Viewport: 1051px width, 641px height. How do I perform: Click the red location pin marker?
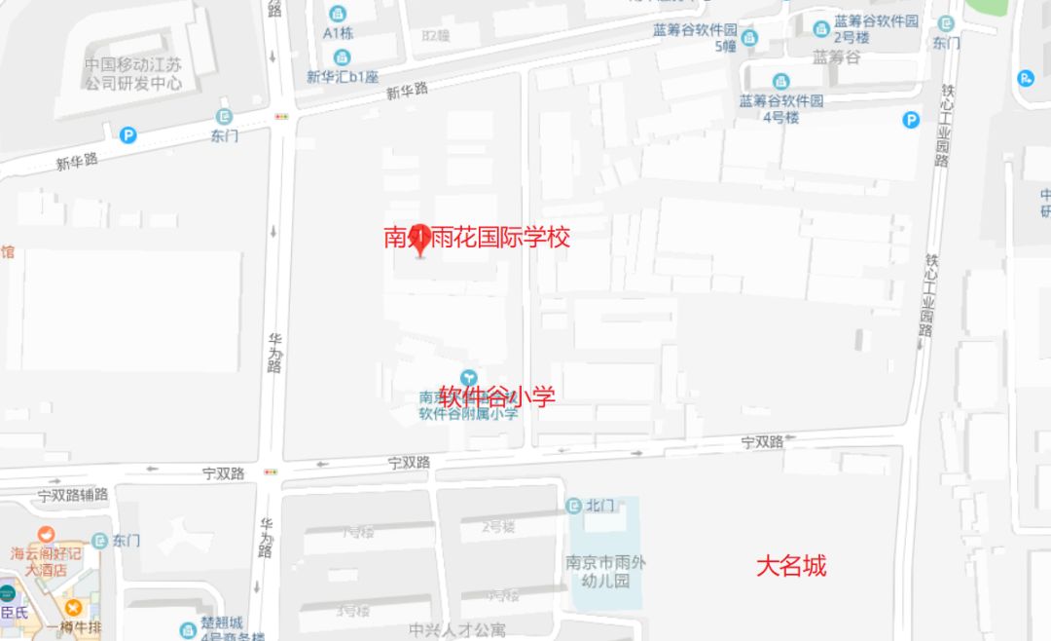[420, 243]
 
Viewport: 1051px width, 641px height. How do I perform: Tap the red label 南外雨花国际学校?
[477, 237]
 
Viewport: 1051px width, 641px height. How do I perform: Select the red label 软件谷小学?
[497, 396]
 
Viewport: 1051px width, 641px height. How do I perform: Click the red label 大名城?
[791, 566]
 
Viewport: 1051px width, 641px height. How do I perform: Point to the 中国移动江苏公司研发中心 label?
[132, 74]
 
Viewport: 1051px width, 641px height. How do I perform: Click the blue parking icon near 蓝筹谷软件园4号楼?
[910, 120]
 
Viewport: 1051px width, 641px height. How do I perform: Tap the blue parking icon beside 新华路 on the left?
[127, 135]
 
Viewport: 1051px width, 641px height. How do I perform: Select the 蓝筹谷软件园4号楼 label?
[781, 108]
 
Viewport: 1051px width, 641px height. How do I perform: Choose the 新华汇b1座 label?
[343, 76]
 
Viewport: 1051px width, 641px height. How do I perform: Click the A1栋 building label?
[338, 31]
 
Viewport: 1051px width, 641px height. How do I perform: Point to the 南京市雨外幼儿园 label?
[605, 572]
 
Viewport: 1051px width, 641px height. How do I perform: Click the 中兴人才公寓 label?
[457, 629]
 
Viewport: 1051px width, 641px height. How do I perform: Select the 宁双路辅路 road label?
[73, 494]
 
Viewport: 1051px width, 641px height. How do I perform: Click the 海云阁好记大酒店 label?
[47, 561]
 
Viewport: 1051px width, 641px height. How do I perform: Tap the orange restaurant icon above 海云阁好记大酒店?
[46, 534]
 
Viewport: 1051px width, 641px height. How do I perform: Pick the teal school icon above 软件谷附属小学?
[469, 377]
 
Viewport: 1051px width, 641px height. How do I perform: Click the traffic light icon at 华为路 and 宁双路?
[269, 473]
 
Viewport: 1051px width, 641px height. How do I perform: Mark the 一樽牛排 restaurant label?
[73, 627]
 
